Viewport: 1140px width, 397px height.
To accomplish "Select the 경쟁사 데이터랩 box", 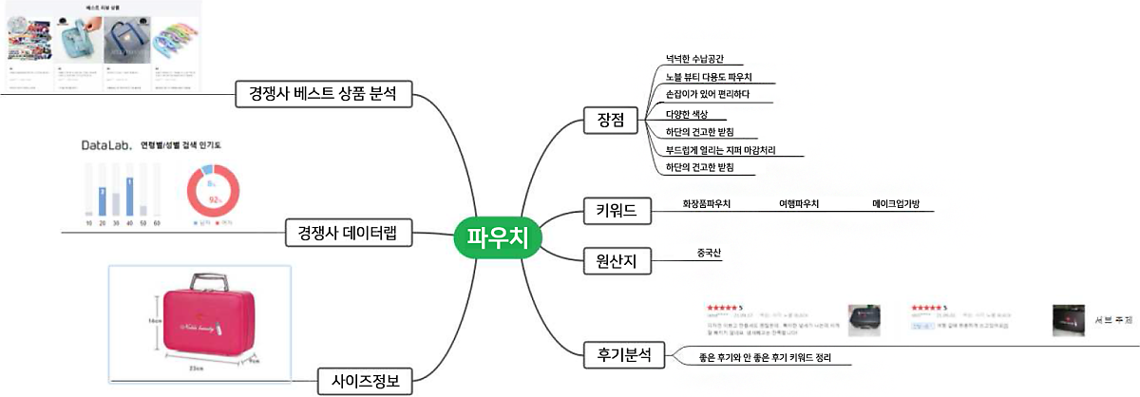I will (349, 232).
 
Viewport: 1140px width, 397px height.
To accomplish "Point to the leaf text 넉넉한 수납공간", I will (702, 58).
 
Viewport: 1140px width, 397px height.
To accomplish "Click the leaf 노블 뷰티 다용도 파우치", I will (709, 76).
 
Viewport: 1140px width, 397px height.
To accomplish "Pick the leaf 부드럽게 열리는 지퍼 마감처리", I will (721, 148).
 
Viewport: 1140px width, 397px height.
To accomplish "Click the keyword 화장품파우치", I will (707, 204).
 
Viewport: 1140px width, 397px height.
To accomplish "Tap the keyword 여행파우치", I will (799, 204).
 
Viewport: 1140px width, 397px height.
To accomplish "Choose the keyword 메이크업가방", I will (898, 204).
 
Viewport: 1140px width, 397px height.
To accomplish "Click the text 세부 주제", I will (1113, 319).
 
